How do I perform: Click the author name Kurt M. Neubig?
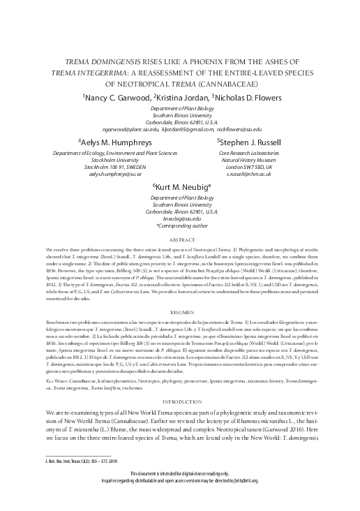click(180, 186)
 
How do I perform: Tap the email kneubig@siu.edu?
click(180, 219)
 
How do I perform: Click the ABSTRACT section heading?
click(180, 239)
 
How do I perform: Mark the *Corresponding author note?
click(180, 225)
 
